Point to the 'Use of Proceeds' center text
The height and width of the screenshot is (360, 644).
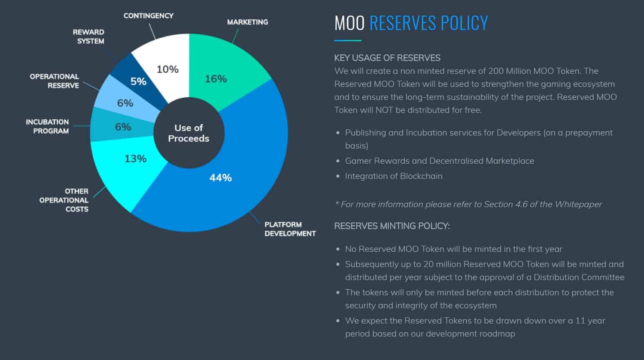pyautogui.click(x=189, y=133)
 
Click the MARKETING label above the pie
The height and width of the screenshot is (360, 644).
pyautogui.click(x=247, y=22)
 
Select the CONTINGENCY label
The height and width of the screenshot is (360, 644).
pyautogui.click(x=148, y=16)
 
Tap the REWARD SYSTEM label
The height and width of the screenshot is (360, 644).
pyautogui.click(x=89, y=36)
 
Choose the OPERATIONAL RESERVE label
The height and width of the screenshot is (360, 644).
pyautogui.click(x=54, y=81)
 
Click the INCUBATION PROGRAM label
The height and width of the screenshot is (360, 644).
pyautogui.click(x=47, y=126)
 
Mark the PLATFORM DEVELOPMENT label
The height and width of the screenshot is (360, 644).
pyautogui.click(x=290, y=229)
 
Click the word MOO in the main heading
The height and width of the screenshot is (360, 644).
pyautogui.click(x=349, y=23)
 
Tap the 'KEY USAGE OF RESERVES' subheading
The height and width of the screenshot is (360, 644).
pyautogui.click(x=387, y=58)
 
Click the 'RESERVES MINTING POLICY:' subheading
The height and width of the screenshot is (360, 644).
pyautogui.click(x=392, y=226)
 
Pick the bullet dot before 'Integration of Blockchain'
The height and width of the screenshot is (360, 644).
pyautogui.click(x=338, y=176)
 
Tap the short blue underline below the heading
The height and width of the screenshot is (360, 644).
pyautogui.click(x=348, y=40)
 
